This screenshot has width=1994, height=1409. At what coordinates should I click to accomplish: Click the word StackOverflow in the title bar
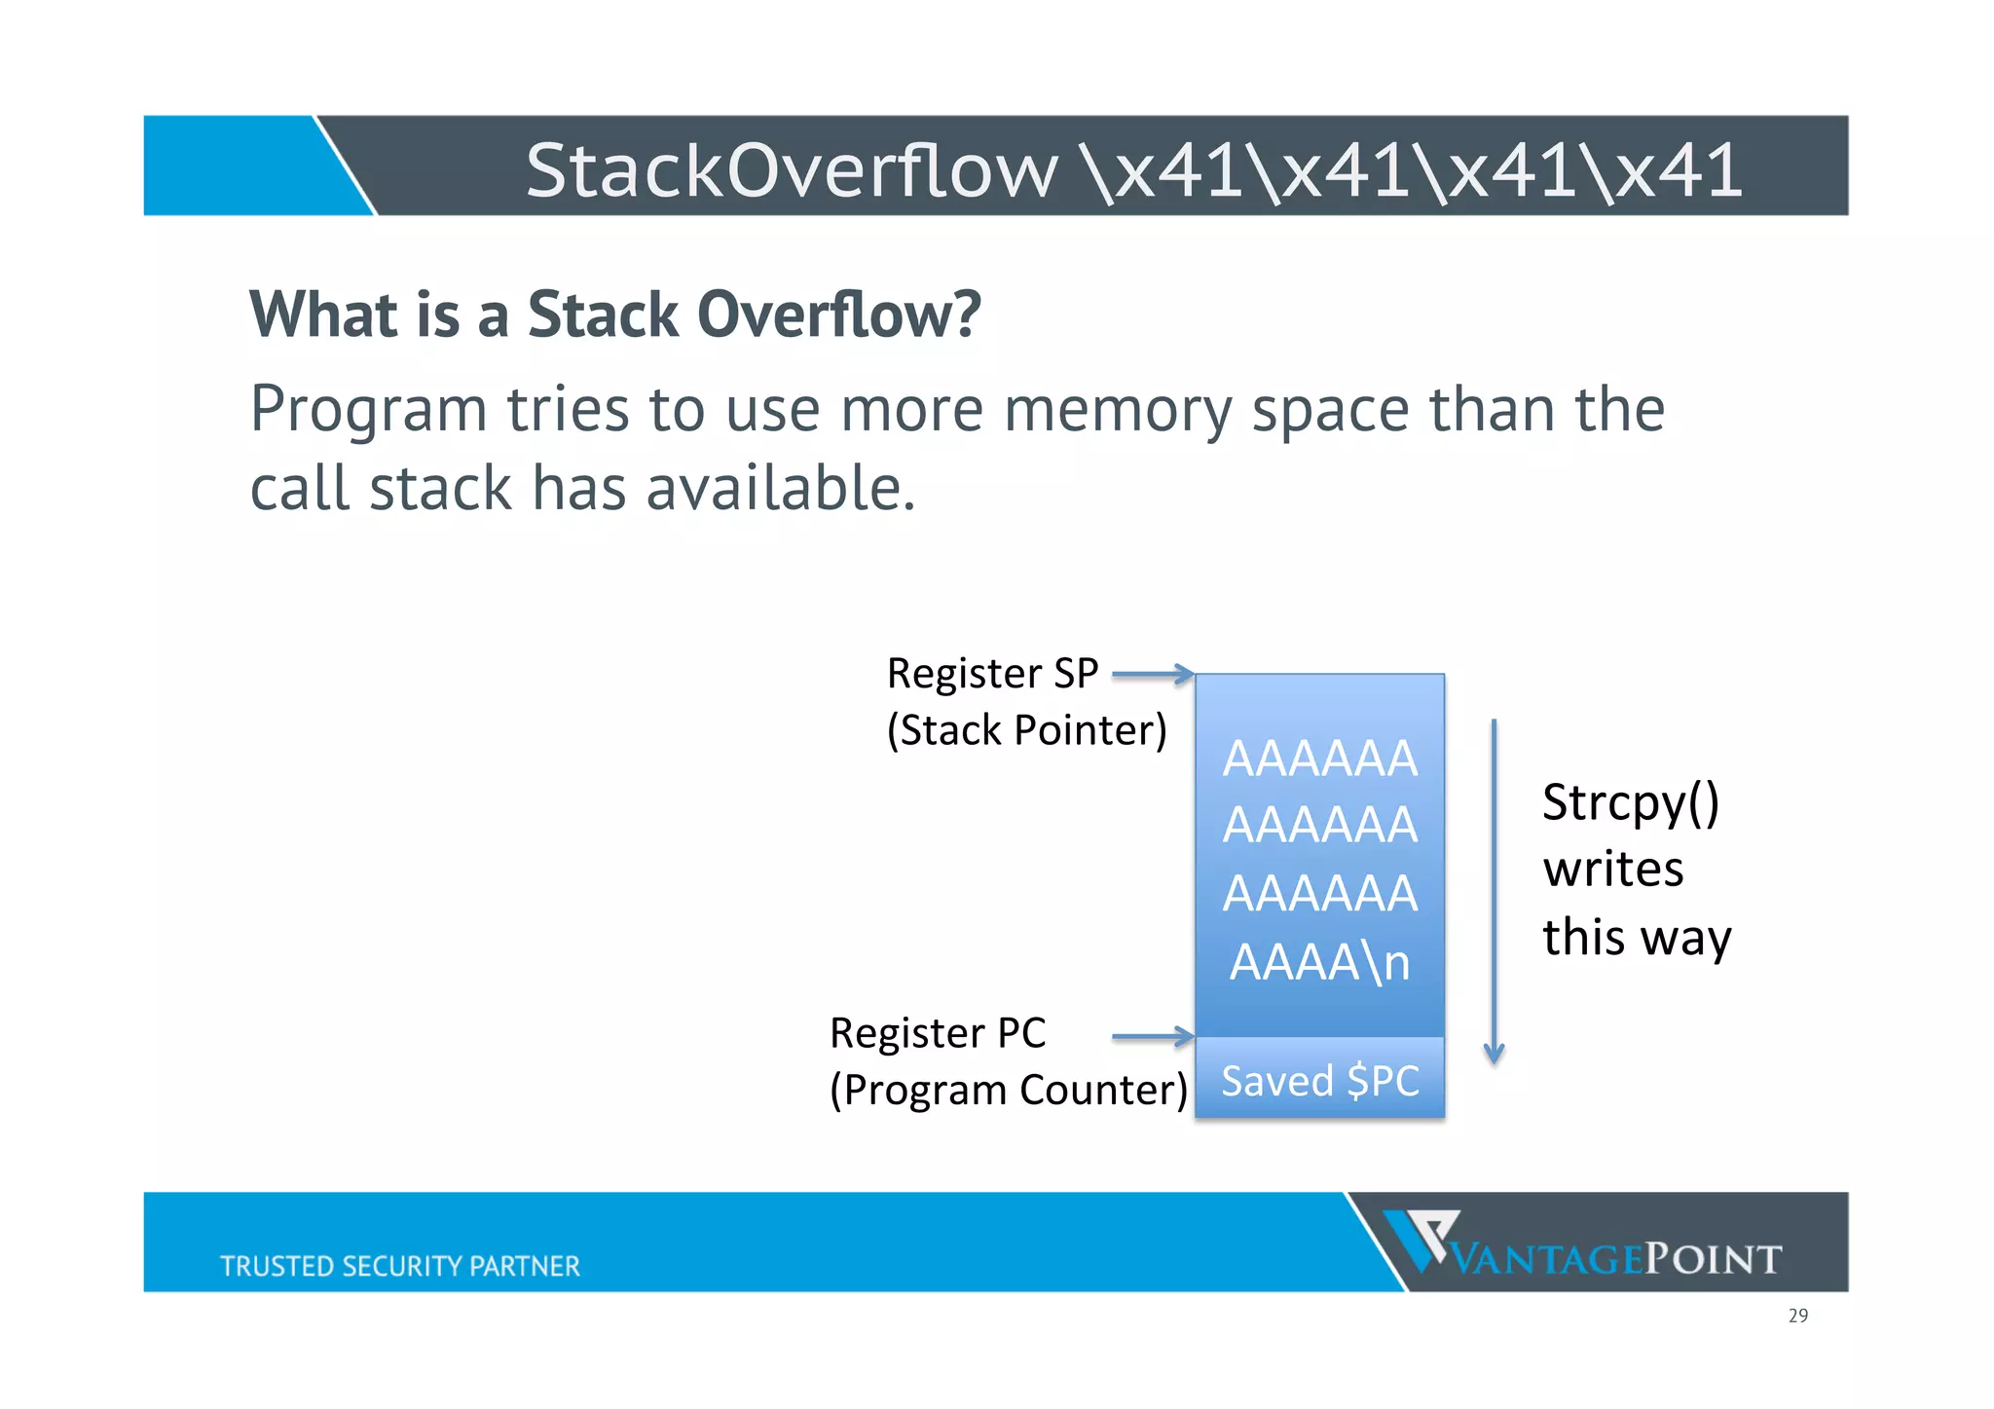coord(791,170)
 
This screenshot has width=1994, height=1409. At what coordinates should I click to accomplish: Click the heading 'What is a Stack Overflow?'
coord(614,315)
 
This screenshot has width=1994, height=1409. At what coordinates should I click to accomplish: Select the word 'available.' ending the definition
coord(781,488)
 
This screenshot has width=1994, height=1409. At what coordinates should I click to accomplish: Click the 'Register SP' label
coord(992,674)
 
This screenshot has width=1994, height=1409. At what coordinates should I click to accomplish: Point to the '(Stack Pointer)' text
coord(1026,730)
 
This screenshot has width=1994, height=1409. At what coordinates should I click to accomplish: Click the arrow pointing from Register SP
coord(1152,674)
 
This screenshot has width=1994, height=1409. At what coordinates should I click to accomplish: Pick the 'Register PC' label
coord(938,1033)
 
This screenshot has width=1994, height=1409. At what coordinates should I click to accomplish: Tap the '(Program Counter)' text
coord(1008,1090)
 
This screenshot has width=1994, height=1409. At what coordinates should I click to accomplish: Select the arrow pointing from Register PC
coord(1152,1037)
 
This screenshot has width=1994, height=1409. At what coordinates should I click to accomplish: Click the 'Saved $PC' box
coord(1319,1080)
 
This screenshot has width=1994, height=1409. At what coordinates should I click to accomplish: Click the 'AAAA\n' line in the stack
coord(1319,962)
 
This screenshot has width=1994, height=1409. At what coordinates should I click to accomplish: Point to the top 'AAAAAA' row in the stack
coord(1319,759)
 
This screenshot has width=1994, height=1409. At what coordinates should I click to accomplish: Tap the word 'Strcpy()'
coord(1631,803)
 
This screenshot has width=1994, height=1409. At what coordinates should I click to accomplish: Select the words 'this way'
coord(1637,937)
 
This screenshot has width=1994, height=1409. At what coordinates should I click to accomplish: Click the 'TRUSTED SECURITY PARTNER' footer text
coord(399,1266)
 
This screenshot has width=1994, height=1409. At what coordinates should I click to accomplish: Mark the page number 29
coord(1797,1316)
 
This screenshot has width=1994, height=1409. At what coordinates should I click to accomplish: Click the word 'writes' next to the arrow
coord(1613,869)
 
